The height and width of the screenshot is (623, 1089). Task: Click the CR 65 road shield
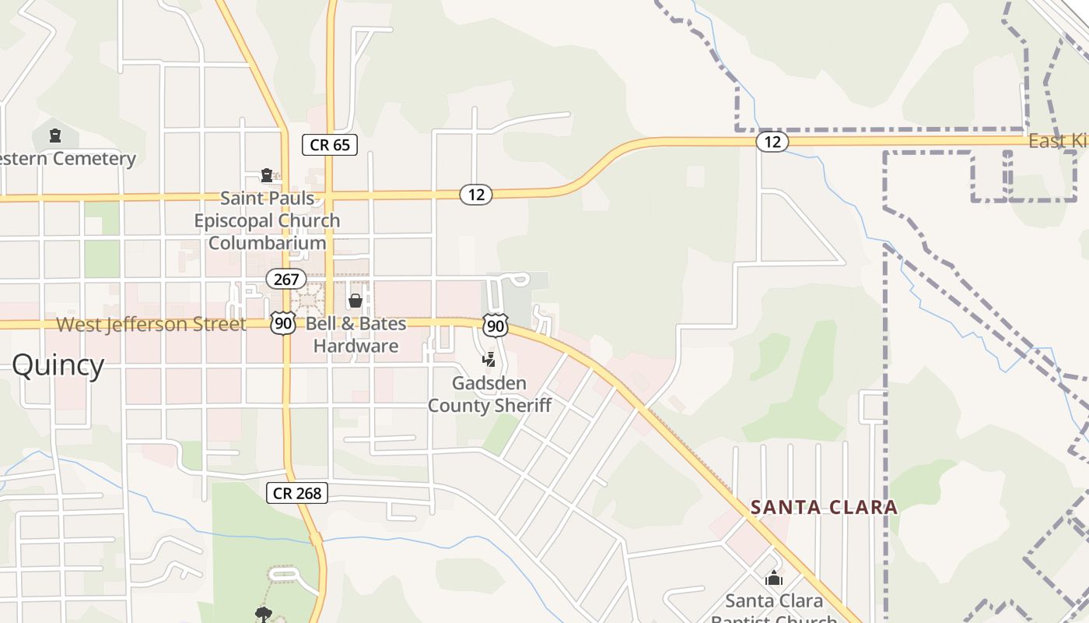(329, 144)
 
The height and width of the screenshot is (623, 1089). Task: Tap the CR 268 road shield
(297, 492)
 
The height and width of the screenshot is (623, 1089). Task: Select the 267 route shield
(285, 278)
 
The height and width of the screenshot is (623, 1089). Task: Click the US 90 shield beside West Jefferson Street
(283, 324)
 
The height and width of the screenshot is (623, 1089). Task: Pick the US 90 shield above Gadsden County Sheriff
(495, 325)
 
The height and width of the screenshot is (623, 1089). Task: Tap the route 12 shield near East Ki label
(772, 141)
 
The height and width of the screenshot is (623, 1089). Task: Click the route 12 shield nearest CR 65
(476, 195)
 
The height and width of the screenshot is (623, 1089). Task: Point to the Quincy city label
(58, 364)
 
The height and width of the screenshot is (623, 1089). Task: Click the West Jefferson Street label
(152, 324)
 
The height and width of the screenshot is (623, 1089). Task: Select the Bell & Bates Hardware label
(355, 335)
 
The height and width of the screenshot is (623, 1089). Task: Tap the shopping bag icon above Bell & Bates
(355, 300)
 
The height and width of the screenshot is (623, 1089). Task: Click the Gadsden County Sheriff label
(489, 394)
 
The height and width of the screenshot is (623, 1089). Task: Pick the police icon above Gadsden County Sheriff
(489, 359)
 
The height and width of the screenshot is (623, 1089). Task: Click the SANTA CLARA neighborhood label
(824, 508)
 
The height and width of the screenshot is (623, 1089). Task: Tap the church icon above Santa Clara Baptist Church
(773, 578)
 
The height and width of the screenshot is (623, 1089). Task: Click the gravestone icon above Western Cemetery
(54, 136)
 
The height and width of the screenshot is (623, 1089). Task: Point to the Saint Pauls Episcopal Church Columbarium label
(267, 220)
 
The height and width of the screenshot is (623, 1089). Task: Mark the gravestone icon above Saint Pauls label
(267, 174)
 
